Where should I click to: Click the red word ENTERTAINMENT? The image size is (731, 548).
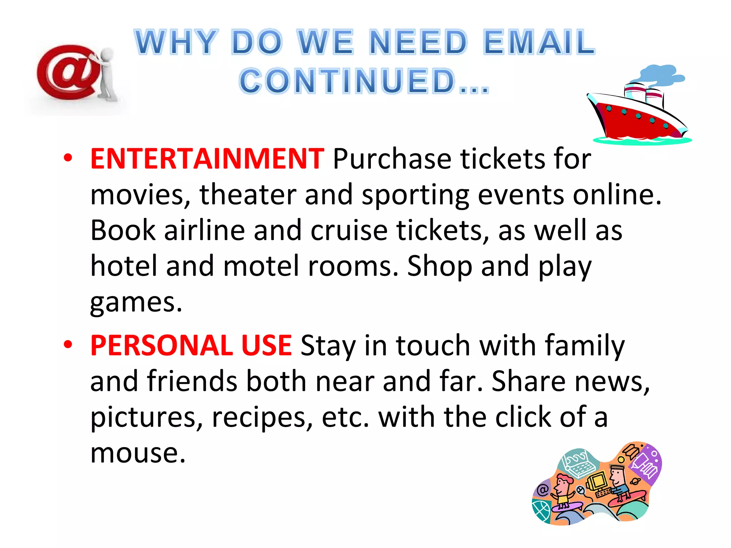pyautogui.click(x=207, y=159)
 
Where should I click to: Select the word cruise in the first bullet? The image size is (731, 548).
pyautogui.click(x=349, y=230)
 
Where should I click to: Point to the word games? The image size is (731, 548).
pyautogui.click(x=136, y=303)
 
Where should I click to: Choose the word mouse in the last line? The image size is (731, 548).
pyautogui.click(x=137, y=453)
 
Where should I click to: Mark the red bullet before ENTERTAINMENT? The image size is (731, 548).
pyautogui.click(x=68, y=158)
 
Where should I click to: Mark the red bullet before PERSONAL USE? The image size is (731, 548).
pyautogui.click(x=68, y=344)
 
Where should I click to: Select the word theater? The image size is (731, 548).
pyautogui.click(x=247, y=194)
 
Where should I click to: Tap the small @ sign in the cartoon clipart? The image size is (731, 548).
pyautogui.click(x=543, y=489)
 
